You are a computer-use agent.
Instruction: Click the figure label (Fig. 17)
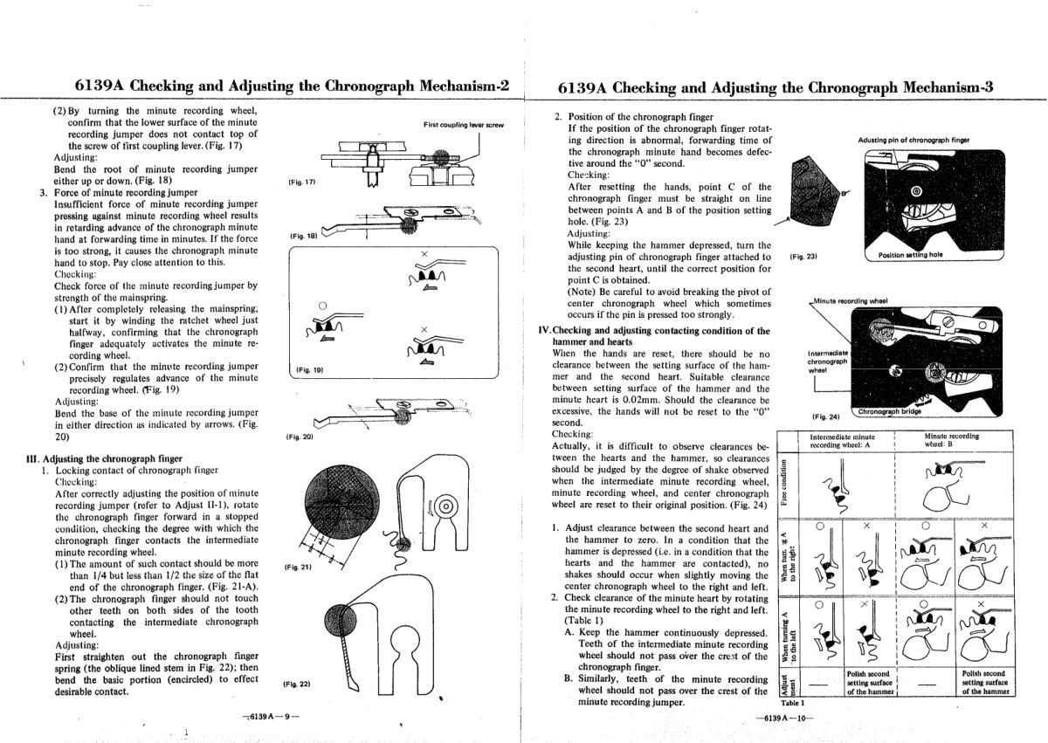coord(300,182)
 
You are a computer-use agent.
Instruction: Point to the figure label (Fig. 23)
coord(802,257)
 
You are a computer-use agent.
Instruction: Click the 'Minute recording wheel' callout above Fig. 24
coord(850,300)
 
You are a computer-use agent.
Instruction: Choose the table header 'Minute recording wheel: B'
coord(951,440)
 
